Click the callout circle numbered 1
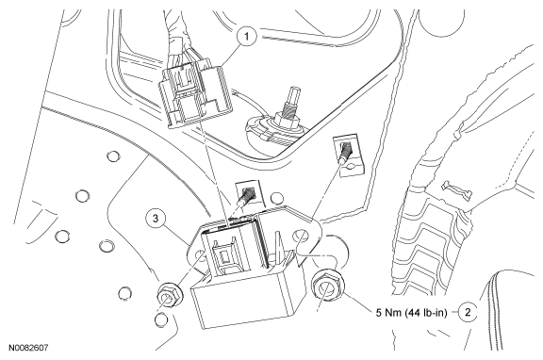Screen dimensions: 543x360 (247, 37)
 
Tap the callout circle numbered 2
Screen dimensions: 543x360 (468, 313)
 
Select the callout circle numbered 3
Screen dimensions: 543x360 (156, 219)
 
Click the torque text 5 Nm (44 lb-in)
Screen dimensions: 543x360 (411, 313)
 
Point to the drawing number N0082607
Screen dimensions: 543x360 (28, 347)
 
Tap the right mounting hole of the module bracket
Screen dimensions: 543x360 (299, 236)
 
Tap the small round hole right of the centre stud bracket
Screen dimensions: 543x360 (276, 199)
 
